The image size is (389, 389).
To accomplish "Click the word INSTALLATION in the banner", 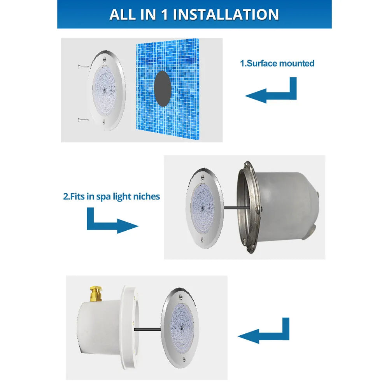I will pyautogui.click(x=226, y=14).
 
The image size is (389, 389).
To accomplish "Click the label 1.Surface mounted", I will pyautogui.click(x=277, y=63).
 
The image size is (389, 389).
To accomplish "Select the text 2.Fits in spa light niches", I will pyautogui.click(x=112, y=196).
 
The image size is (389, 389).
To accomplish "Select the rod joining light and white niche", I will pyautogui.click(x=148, y=330).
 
